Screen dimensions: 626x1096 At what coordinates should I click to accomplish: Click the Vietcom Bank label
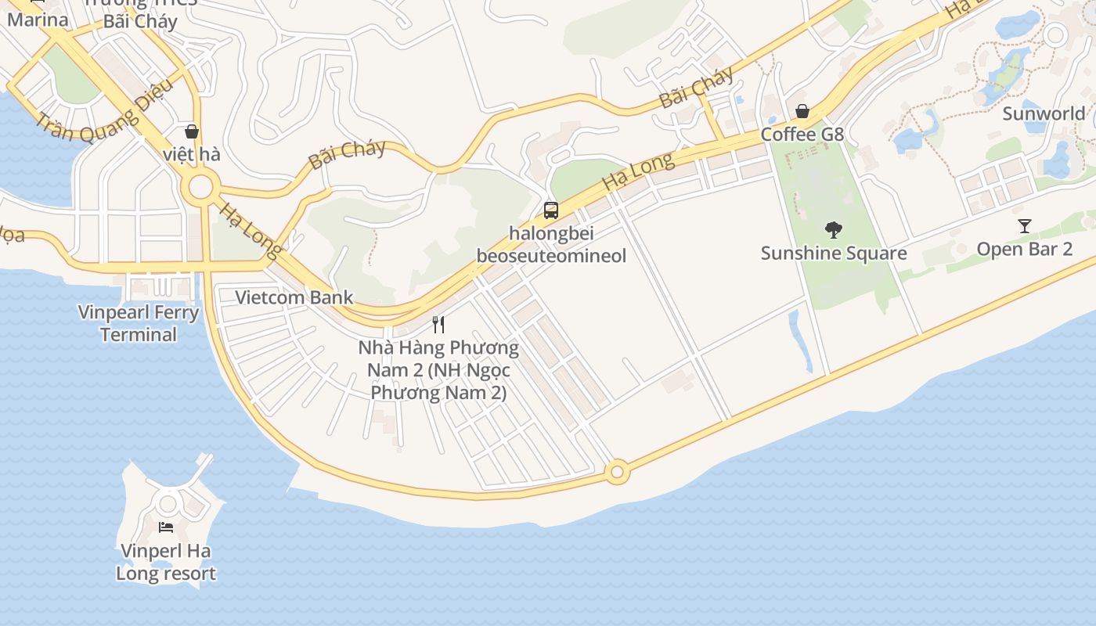[294, 297]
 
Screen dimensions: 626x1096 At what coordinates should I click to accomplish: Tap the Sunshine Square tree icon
[834, 230]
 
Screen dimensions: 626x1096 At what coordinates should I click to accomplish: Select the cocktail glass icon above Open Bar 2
[1025, 226]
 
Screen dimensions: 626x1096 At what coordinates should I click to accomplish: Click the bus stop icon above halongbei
[551, 210]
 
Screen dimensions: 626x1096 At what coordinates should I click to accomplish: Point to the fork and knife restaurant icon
[439, 324]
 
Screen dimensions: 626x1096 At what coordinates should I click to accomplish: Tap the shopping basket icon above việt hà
[192, 131]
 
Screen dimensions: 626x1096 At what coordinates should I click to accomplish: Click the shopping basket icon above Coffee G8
[802, 111]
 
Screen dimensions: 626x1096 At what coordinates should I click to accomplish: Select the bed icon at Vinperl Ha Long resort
[166, 527]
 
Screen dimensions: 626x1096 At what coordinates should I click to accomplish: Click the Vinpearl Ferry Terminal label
[139, 323]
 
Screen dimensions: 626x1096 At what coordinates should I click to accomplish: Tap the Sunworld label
[1044, 113]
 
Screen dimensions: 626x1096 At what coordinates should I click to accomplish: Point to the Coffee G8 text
[802, 135]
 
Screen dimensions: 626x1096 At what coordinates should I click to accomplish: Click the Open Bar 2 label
[1024, 249]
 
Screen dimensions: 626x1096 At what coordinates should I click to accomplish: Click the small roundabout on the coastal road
[617, 472]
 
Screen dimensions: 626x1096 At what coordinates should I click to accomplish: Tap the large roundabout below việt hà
[200, 187]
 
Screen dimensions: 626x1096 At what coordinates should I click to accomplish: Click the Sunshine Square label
[834, 253]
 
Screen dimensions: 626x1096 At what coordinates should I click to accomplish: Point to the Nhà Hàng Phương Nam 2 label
[438, 369]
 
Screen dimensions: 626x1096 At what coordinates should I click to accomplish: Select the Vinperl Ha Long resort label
[166, 562]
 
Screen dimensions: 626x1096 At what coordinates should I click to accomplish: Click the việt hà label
[192, 154]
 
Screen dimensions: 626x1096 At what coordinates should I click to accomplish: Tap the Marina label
[38, 20]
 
